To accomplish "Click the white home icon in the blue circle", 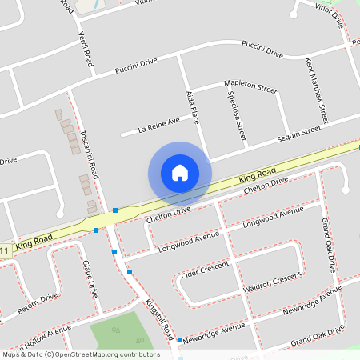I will (180, 173).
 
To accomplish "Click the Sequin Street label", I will (298, 132).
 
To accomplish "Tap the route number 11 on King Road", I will (4, 251).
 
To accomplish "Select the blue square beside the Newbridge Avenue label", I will (179, 339).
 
